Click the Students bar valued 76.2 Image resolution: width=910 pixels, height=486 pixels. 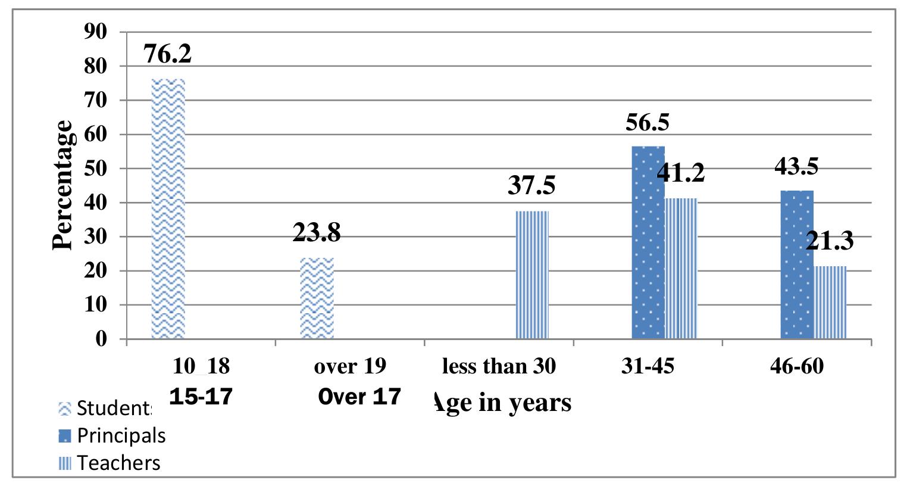pyautogui.click(x=168, y=208)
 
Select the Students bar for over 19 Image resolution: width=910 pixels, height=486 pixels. pyautogui.click(x=317, y=298)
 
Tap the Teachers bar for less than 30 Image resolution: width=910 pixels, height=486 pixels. pyautogui.click(x=532, y=275)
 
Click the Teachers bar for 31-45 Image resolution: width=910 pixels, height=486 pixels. pyautogui.click(x=681, y=268)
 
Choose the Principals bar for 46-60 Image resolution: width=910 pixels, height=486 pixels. pyautogui.click(x=797, y=264)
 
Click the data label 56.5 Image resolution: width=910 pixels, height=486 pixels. pyautogui.click(x=648, y=123)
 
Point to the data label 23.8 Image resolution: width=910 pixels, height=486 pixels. pyautogui.click(x=317, y=233)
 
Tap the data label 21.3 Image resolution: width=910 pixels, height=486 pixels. pyautogui.click(x=830, y=241)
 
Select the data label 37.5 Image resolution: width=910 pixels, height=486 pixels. pyautogui.click(x=531, y=185)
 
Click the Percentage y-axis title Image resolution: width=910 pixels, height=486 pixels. pyautogui.click(x=62, y=185)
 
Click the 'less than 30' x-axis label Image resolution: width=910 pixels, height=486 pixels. pyautogui.click(x=499, y=366)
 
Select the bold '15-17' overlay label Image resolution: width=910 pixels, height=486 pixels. pyautogui.click(x=201, y=397)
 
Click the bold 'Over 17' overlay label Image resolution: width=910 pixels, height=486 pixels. pyautogui.click(x=359, y=397)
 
